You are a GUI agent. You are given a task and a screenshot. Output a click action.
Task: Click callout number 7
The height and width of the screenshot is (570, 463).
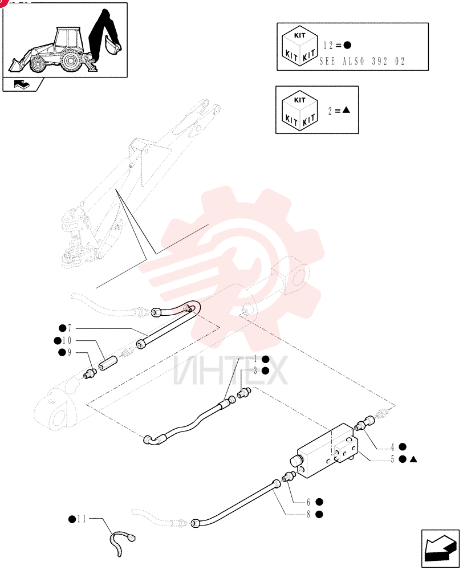pyautogui.click(x=70, y=329)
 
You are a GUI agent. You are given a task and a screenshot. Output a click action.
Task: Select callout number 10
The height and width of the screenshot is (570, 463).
pyautogui.click(x=67, y=341)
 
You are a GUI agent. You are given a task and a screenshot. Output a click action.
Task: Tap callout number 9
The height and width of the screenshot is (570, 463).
pyautogui.click(x=69, y=353)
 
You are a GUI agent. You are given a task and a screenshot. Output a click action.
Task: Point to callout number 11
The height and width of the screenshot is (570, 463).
pyautogui.click(x=82, y=519)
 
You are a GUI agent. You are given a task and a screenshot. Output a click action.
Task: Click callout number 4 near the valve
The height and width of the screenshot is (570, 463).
pyautogui.click(x=392, y=447)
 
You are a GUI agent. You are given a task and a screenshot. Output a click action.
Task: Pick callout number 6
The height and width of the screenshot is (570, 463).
pyautogui.click(x=309, y=502)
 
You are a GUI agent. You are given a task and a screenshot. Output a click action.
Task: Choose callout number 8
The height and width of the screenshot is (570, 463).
pyautogui.click(x=309, y=514)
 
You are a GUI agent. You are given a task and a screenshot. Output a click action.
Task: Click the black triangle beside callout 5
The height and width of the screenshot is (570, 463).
pyautogui.click(x=413, y=459)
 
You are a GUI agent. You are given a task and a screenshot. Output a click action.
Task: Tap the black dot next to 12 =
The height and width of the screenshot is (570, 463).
pyautogui.click(x=347, y=46)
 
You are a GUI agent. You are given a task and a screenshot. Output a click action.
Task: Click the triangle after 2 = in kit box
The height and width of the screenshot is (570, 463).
pyautogui.click(x=346, y=109)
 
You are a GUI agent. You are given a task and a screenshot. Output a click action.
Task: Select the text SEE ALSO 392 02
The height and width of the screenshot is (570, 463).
pyautogui.click(x=362, y=61)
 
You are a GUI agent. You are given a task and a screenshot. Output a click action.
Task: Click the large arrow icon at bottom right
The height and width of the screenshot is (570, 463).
pyautogui.click(x=440, y=548)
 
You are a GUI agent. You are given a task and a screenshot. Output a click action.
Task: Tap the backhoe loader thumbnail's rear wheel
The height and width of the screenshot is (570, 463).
pyautogui.click(x=70, y=61)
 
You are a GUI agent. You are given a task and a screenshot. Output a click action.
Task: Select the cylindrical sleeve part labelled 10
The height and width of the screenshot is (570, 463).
pyautogui.click(x=108, y=364)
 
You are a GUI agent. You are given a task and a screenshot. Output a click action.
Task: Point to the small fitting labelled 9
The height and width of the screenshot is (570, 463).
pyautogui.click(x=90, y=373)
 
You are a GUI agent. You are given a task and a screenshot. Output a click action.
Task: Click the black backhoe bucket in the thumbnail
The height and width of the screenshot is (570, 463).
pyautogui.click(x=112, y=44)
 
